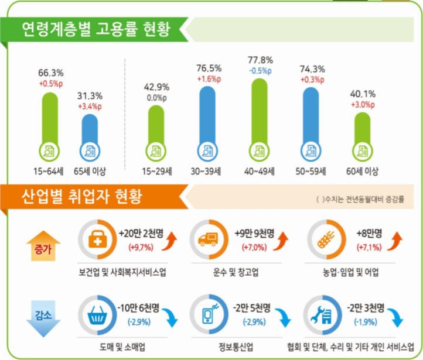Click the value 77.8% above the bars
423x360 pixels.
[x=260, y=60]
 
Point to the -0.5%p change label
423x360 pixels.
[x=260, y=70]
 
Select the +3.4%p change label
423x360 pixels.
[x=90, y=107]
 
